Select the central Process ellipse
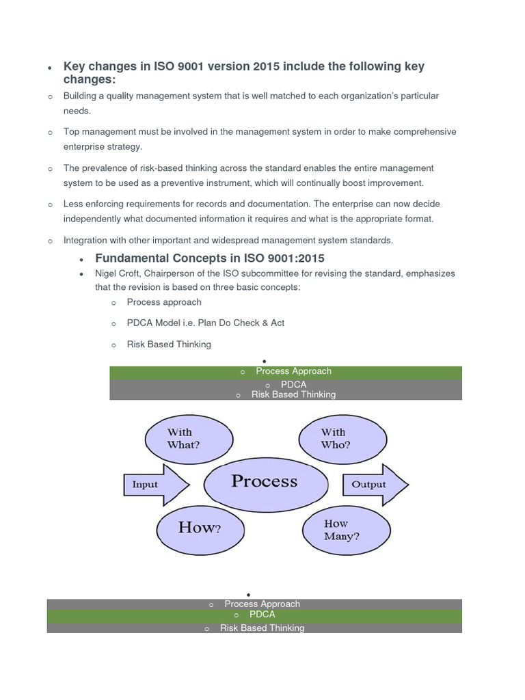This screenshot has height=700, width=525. [x=265, y=482]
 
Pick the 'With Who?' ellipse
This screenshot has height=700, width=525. [x=336, y=438]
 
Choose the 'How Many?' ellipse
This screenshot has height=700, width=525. [x=347, y=530]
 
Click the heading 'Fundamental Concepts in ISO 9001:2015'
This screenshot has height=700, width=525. [x=210, y=258]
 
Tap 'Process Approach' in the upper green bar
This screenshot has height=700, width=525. [x=293, y=371]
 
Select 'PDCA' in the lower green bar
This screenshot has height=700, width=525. [x=262, y=615]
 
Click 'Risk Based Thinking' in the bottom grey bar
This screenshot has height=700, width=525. [x=262, y=628]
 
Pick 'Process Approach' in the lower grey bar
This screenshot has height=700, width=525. [x=262, y=604]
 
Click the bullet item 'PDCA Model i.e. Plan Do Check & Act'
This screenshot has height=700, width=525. [x=205, y=323]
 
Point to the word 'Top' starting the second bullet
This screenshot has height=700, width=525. [x=72, y=132]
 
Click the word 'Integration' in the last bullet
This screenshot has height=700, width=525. [x=86, y=240]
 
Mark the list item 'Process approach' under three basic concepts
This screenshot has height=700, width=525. [x=164, y=301]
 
